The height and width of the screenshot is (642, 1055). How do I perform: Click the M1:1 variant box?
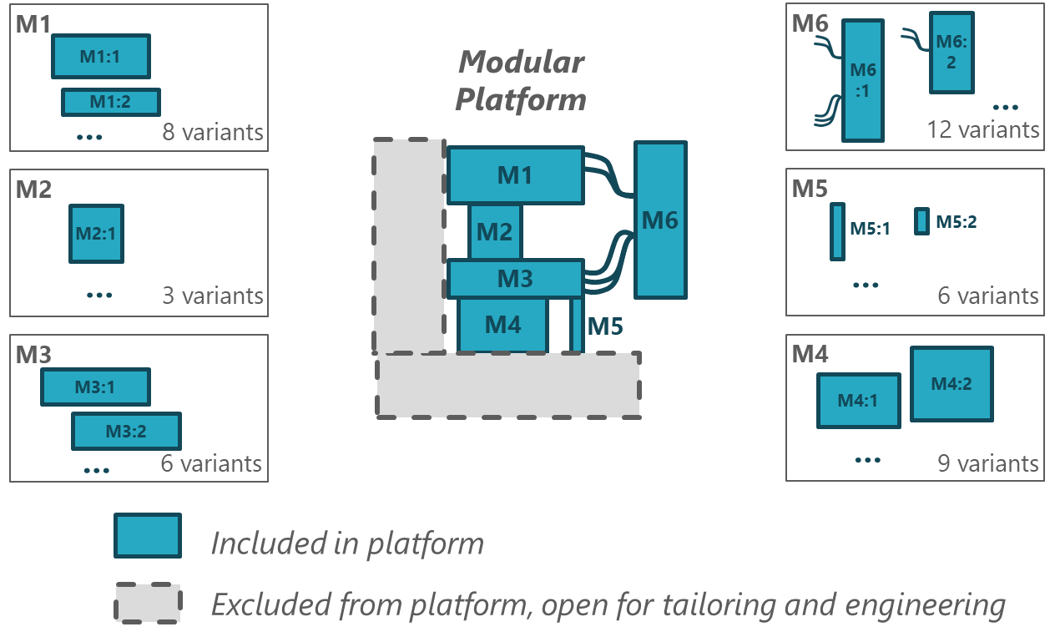tap(100, 57)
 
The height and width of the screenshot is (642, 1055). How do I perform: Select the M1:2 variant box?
tap(110, 102)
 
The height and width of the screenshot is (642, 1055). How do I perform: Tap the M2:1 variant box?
tap(96, 234)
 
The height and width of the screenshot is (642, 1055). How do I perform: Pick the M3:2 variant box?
tap(126, 432)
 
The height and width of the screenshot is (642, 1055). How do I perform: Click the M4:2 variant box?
tap(952, 385)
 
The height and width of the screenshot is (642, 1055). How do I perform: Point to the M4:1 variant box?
tap(858, 401)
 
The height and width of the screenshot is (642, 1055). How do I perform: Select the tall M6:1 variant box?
tap(862, 81)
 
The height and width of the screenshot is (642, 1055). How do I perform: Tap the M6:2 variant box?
tap(952, 52)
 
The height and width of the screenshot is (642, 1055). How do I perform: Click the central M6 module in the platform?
tap(660, 220)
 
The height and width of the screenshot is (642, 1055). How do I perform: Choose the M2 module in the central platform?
tap(495, 231)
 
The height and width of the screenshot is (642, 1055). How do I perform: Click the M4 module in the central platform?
tap(502, 325)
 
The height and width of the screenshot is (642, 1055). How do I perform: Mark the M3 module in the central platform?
tap(515, 279)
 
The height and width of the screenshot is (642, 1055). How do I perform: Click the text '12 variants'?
tap(982, 130)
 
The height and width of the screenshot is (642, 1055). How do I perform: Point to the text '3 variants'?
tap(212, 296)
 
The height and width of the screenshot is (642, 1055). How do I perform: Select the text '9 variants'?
tap(987, 463)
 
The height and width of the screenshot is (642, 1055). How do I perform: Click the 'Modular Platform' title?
tap(521, 81)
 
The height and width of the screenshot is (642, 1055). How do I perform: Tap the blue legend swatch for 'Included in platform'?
tap(148, 535)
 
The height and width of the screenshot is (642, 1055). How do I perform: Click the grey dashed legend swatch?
tap(148, 603)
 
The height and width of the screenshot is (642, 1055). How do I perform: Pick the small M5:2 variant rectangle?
tap(921, 221)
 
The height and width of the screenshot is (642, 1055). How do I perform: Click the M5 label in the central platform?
tap(605, 326)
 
